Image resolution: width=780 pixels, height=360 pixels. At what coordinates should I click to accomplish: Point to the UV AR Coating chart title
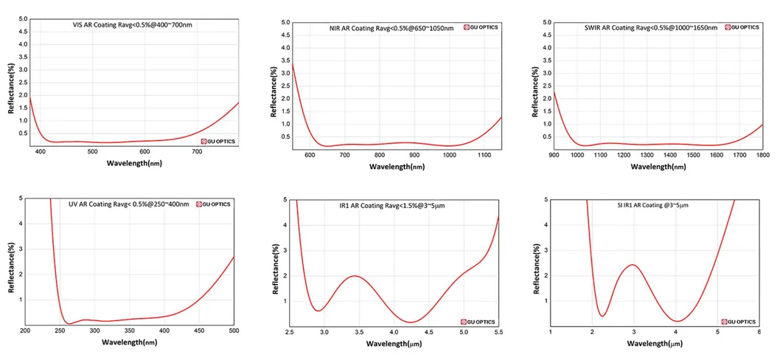click(129, 204)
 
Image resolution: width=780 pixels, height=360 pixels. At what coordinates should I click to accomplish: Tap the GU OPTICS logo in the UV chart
click(215, 204)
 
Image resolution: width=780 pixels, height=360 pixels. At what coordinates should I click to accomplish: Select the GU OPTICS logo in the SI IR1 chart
click(737, 321)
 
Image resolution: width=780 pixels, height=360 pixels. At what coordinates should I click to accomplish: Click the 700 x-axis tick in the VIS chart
click(197, 152)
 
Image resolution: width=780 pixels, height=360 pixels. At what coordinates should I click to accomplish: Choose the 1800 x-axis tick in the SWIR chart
click(762, 155)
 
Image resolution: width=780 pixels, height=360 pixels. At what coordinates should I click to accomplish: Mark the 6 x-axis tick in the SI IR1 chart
click(759, 333)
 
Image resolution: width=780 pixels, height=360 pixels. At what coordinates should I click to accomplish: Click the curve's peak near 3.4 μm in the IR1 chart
click(355, 276)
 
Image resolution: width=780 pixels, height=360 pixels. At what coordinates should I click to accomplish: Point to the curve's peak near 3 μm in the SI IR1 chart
click(633, 265)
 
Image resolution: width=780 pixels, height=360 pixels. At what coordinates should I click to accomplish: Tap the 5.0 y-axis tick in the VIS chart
click(22, 18)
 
